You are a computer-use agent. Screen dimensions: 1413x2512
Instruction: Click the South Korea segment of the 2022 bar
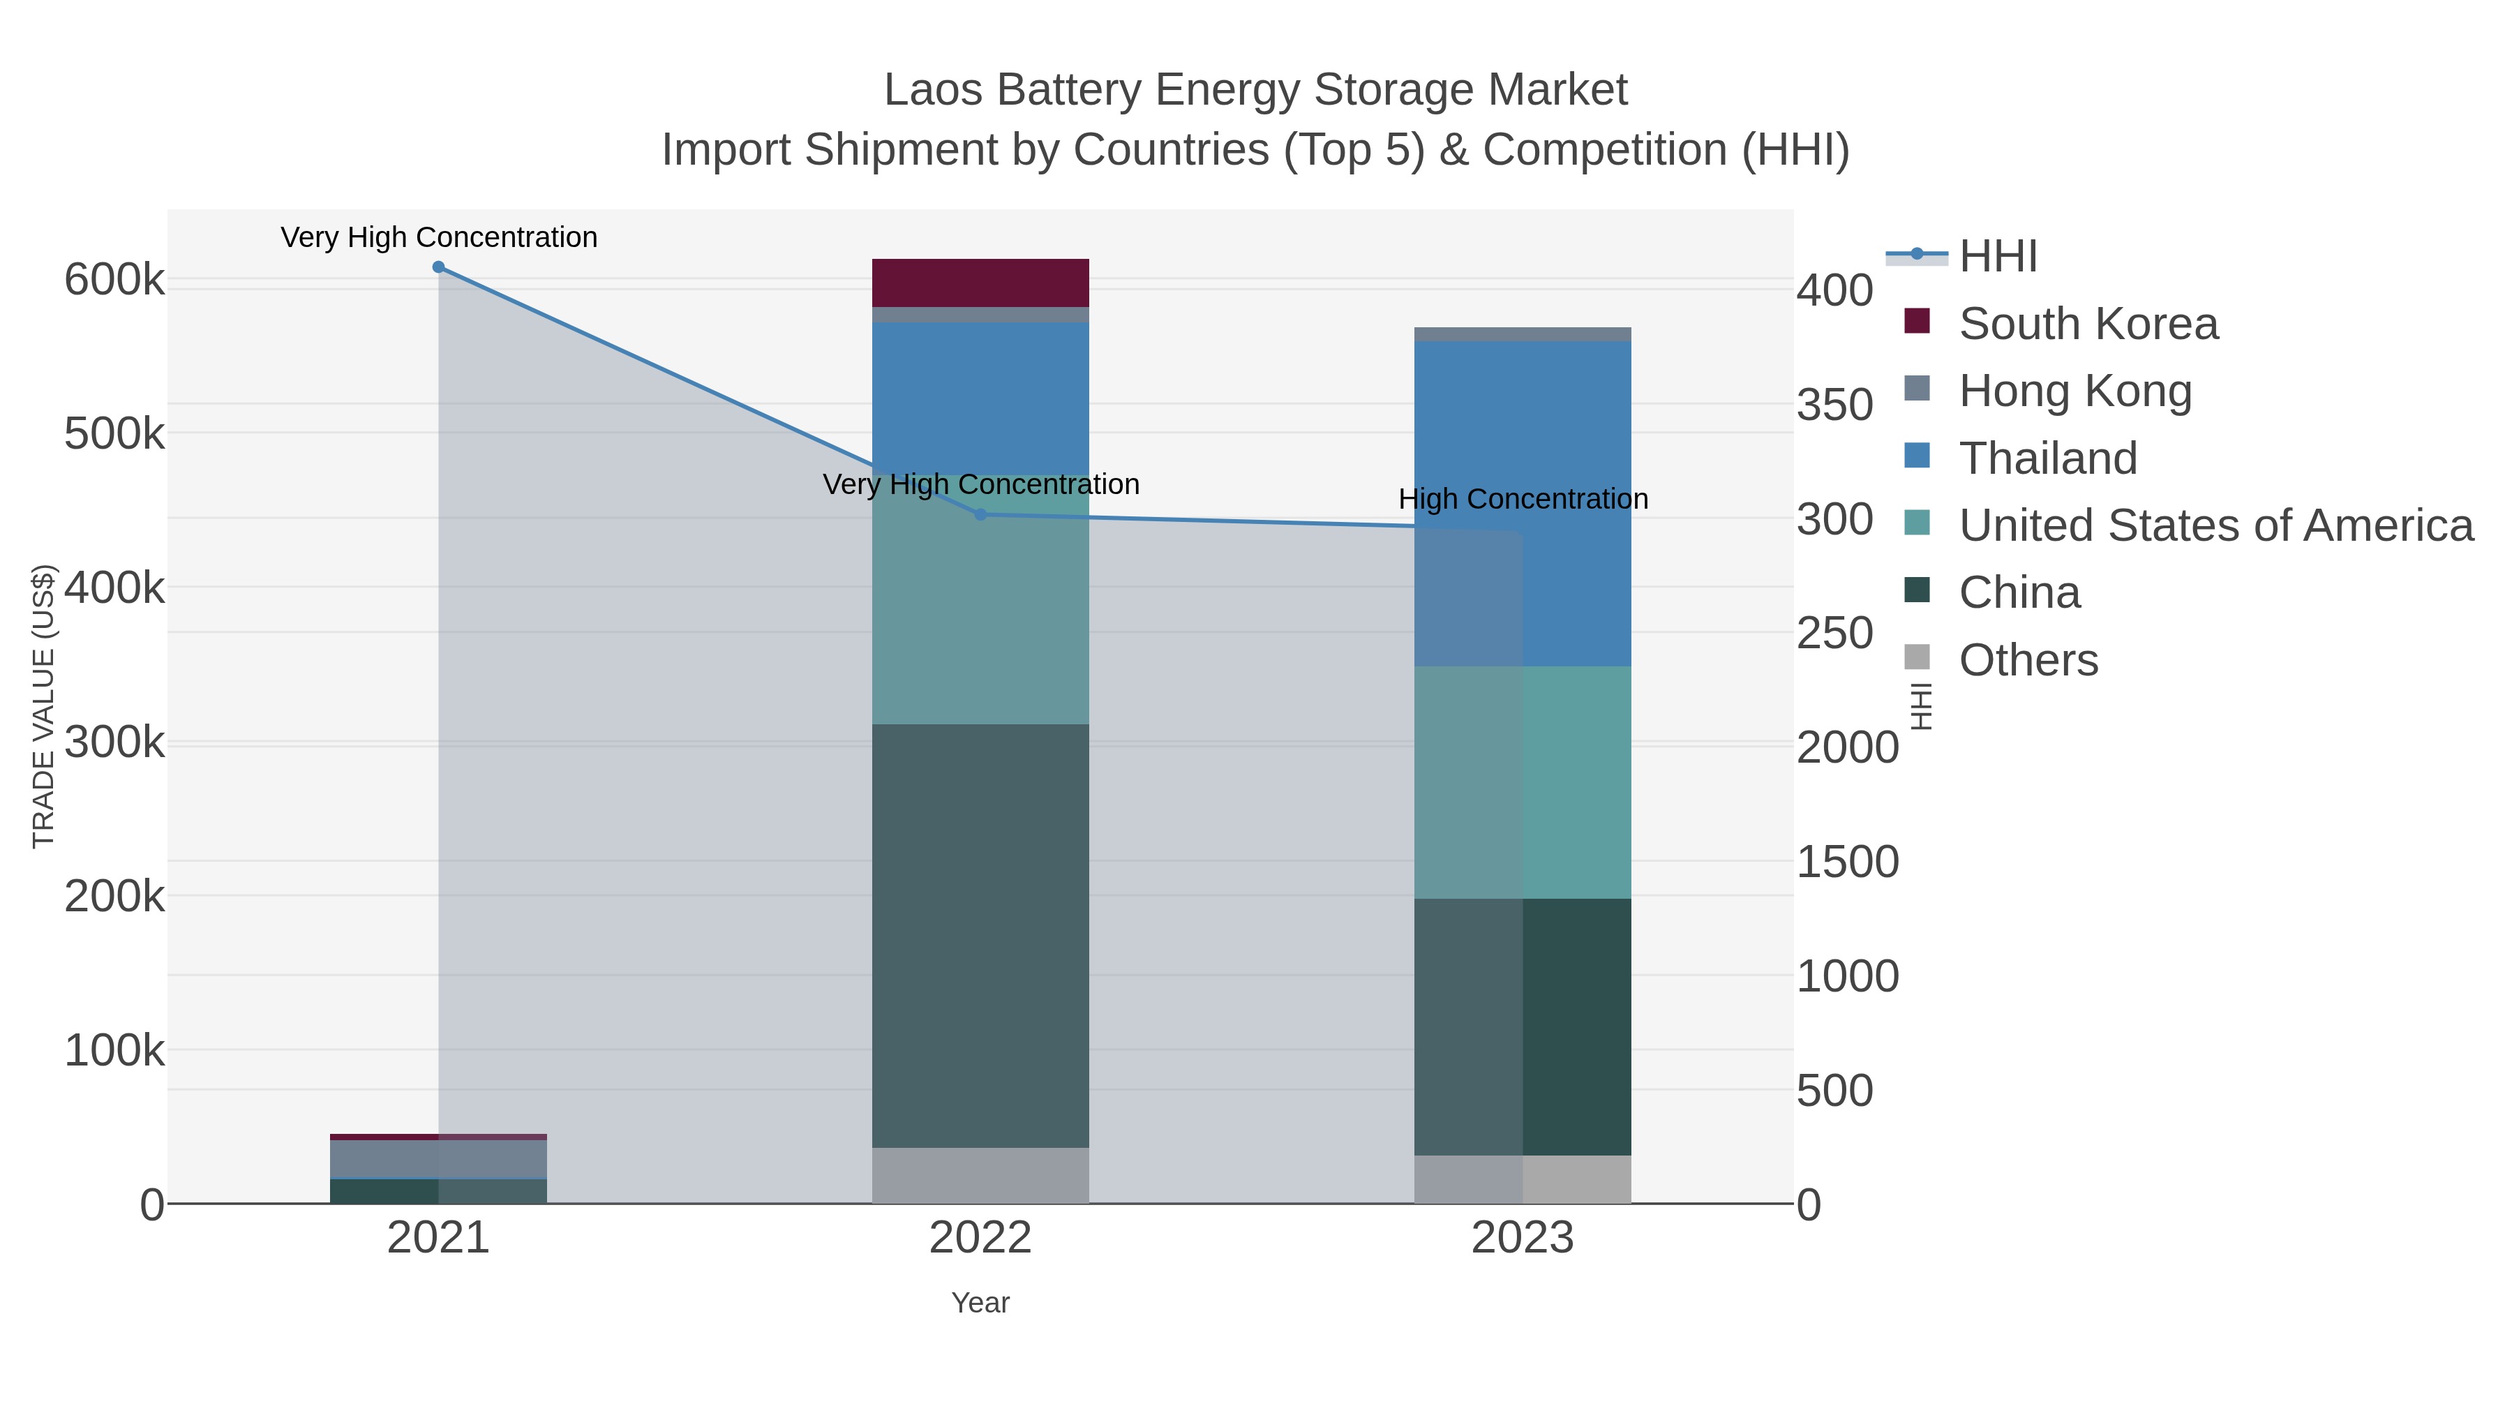point(980,283)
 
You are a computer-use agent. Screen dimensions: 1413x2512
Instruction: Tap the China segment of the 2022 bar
point(980,936)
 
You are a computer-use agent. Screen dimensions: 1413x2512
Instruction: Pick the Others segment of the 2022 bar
point(980,1176)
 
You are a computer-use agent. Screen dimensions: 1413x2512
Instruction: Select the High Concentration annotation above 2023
point(1523,500)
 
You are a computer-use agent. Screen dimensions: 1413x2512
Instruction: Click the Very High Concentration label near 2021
point(439,238)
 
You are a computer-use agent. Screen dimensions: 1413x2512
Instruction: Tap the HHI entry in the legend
point(1997,257)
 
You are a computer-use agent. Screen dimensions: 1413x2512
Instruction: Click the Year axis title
point(980,1303)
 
